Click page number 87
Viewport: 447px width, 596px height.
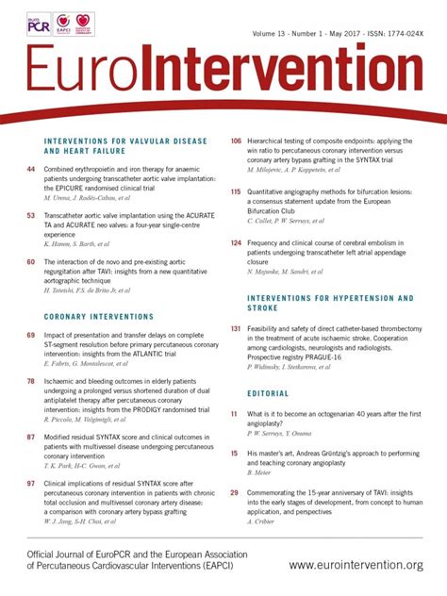[31, 411]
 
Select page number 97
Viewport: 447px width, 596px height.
[31, 456]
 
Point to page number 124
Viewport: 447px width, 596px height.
[236, 241]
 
